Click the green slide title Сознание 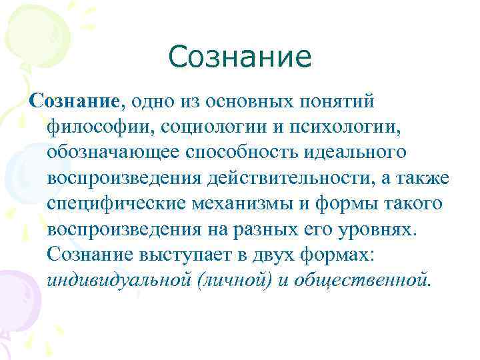240,57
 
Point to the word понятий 338,102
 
